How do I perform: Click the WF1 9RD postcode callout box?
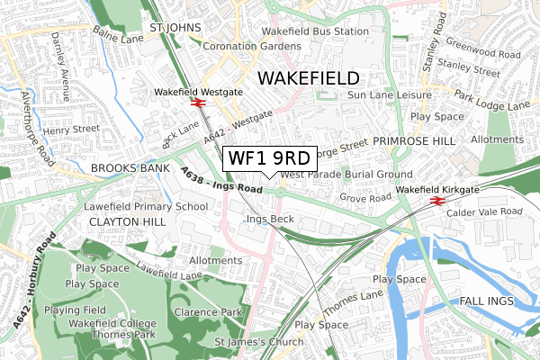click(269, 157)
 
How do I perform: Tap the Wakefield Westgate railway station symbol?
click(196, 103)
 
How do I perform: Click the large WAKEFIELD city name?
click(308, 78)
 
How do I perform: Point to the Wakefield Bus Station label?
click(315, 31)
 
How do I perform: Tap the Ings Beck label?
click(270, 219)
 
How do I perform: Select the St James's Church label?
click(257, 341)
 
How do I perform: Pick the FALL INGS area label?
click(490, 300)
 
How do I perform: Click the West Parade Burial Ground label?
click(346, 174)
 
